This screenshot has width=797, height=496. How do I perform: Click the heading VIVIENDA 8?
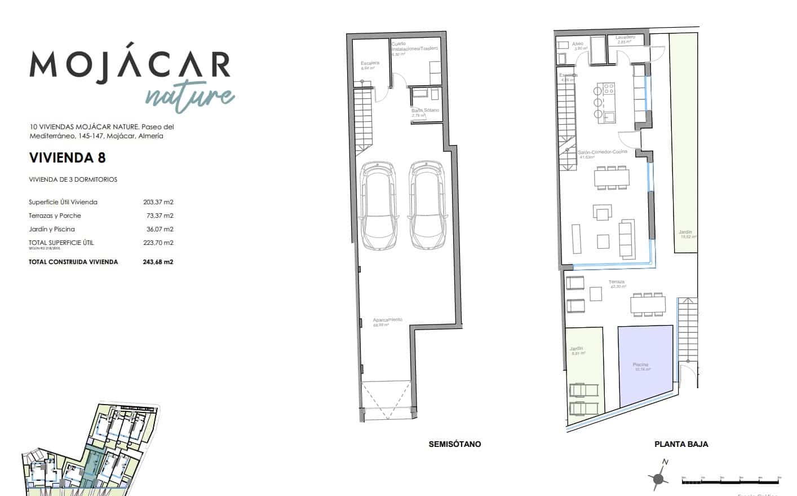click(x=67, y=157)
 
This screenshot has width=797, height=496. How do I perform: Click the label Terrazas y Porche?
click(x=55, y=216)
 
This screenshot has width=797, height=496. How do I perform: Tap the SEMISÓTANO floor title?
click(x=454, y=444)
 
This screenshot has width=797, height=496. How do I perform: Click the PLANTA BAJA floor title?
click(x=681, y=444)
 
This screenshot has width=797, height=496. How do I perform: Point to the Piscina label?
click(x=640, y=365)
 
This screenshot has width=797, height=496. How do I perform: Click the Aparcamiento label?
click(x=388, y=320)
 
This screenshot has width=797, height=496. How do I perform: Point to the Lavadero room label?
click(x=625, y=38)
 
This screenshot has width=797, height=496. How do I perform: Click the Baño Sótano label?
click(x=425, y=111)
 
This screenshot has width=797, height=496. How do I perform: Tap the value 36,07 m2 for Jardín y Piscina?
click(x=160, y=229)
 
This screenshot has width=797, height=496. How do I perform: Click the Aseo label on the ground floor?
click(x=578, y=44)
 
